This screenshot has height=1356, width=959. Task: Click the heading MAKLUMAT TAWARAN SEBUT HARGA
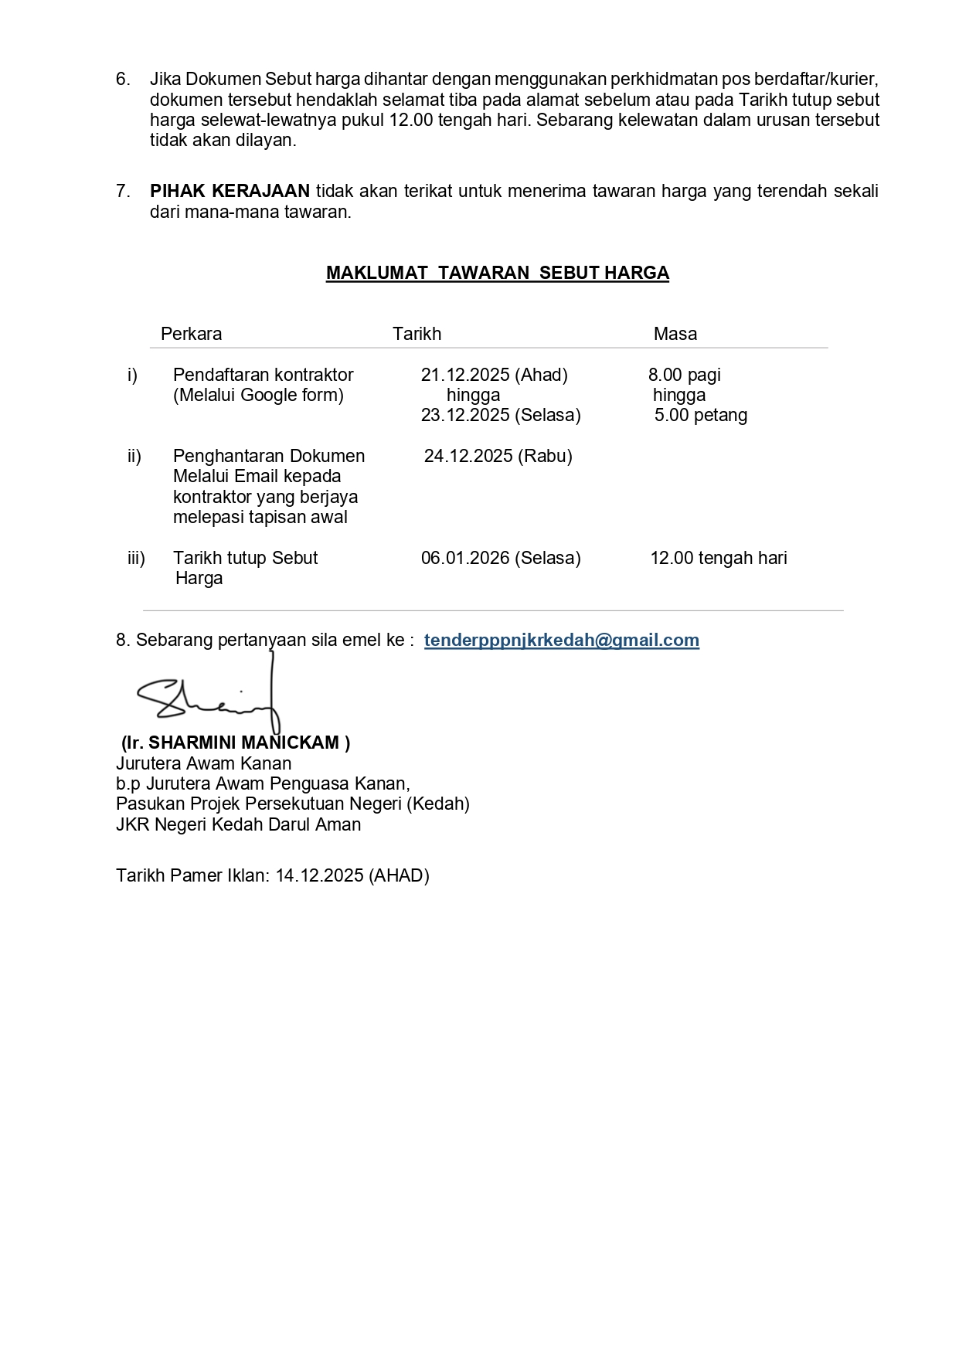tap(497, 273)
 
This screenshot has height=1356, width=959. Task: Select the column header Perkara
tap(191, 334)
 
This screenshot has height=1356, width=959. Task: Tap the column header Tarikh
tap(417, 334)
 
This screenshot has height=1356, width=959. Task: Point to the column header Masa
tap(675, 334)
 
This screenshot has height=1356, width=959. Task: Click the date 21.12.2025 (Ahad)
tap(494, 375)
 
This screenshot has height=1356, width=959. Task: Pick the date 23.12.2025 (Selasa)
tap(500, 415)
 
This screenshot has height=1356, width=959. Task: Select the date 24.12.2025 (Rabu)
tap(498, 456)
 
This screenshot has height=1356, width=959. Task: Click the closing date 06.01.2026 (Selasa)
tap(500, 558)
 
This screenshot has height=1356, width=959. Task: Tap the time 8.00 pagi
tap(684, 375)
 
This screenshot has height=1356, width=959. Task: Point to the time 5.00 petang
tap(700, 415)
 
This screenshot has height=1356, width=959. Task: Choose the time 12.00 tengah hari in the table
tap(718, 558)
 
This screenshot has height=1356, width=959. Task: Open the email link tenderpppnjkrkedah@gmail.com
tap(561, 640)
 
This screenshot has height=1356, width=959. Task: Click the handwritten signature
tap(209, 696)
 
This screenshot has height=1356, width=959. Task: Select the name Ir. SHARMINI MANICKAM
tap(236, 743)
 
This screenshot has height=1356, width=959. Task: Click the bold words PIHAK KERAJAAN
tap(230, 191)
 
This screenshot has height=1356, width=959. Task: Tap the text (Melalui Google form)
tap(258, 395)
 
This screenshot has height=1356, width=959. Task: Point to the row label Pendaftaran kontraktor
tap(263, 375)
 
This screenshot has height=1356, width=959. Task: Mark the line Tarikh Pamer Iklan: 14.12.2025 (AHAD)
tap(272, 875)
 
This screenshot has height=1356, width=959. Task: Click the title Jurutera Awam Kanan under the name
tap(203, 763)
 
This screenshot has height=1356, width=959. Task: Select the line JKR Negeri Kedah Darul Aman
tap(238, 824)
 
